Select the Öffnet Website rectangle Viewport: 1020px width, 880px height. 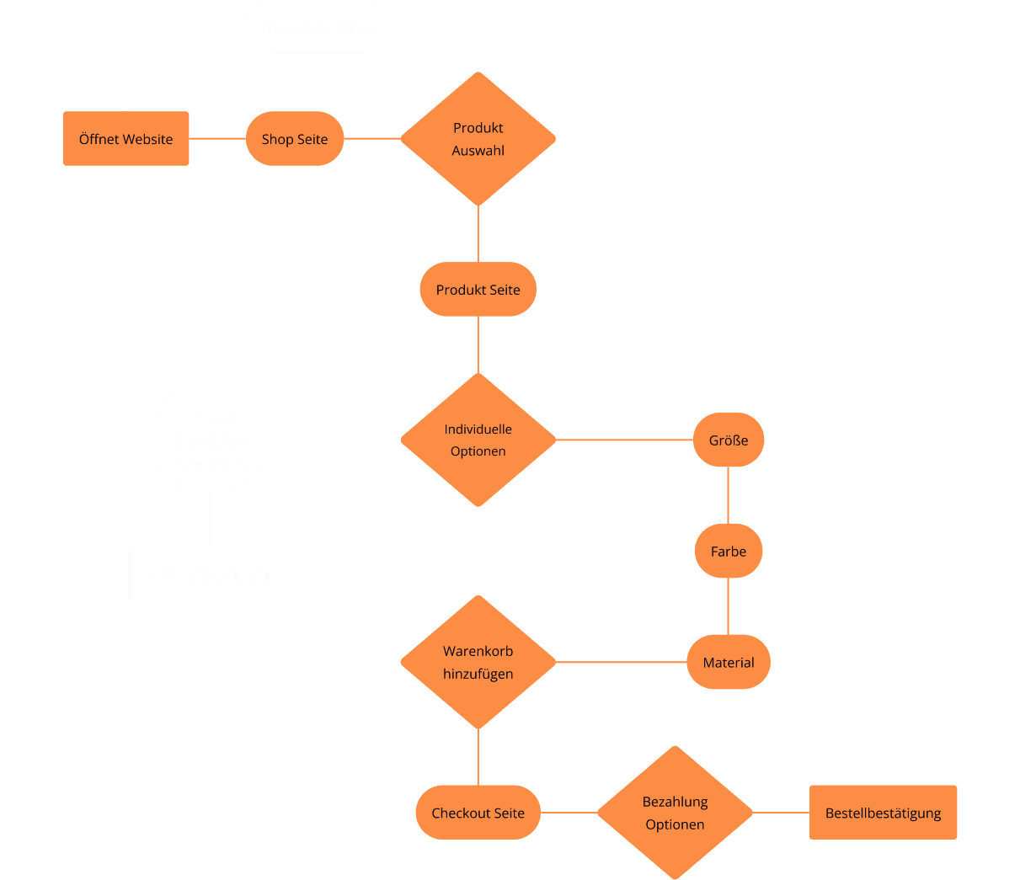pyautogui.click(x=125, y=139)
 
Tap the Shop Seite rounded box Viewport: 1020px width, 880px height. pyautogui.click(x=295, y=139)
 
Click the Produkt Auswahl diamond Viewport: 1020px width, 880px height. pyautogui.click(x=478, y=139)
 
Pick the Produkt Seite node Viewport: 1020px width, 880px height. pyautogui.click(x=478, y=290)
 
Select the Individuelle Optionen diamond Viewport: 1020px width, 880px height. pyautogui.click(x=478, y=440)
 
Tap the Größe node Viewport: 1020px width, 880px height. pyautogui.click(x=729, y=440)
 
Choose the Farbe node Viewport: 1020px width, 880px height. pyautogui.click(x=729, y=552)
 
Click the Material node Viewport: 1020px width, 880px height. pyautogui.click(x=729, y=663)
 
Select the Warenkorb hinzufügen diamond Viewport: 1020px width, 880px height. pyautogui.click(x=478, y=663)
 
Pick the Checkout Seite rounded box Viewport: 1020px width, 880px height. pyautogui.click(x=478, y=813)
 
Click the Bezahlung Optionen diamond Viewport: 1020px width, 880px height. pyautogui.click(x=675, y=813)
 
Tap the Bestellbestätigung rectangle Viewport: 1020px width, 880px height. pyautogui.click(x=883, y=813)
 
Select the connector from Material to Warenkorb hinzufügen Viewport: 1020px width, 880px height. pyautogui.click(x=622, y=663)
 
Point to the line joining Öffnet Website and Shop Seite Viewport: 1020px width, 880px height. pyautogui.click(x=217, y=139)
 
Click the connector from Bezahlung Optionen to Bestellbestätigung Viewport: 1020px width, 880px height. pyautogui.click(x=781, y=813)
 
